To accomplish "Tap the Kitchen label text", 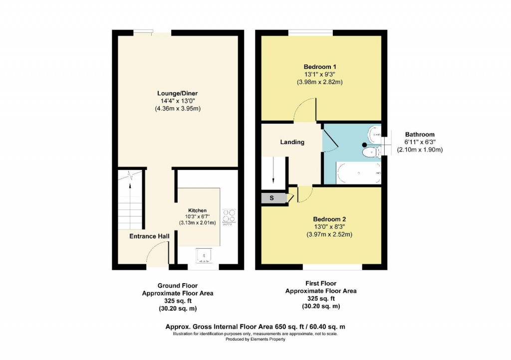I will click(197, 210).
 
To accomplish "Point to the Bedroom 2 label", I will click(329, 219).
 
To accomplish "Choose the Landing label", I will click(292, 142).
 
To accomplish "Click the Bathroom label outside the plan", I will click(419, 135).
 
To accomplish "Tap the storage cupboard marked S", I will click(272, 198).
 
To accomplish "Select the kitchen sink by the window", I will click(203, 256).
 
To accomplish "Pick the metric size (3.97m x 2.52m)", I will click(329, 234).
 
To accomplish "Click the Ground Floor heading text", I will click(178, 286).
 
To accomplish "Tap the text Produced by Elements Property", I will click(255, 340).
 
